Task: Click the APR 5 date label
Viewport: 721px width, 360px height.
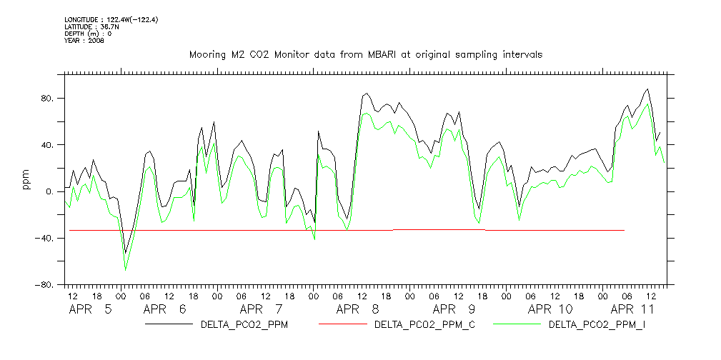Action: tap(90, 310)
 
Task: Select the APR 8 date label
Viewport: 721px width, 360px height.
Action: tap(357, 310)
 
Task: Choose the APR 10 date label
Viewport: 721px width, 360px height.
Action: tap(550, 310)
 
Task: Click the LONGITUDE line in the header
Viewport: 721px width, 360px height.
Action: tap(111, 19)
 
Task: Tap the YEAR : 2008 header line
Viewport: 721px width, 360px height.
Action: tap(84, 41)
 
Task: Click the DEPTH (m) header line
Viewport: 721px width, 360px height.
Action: tap(88, 34)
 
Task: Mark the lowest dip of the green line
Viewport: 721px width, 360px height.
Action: tap(126, 269)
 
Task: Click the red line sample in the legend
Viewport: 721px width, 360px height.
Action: tap(342, 325)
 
